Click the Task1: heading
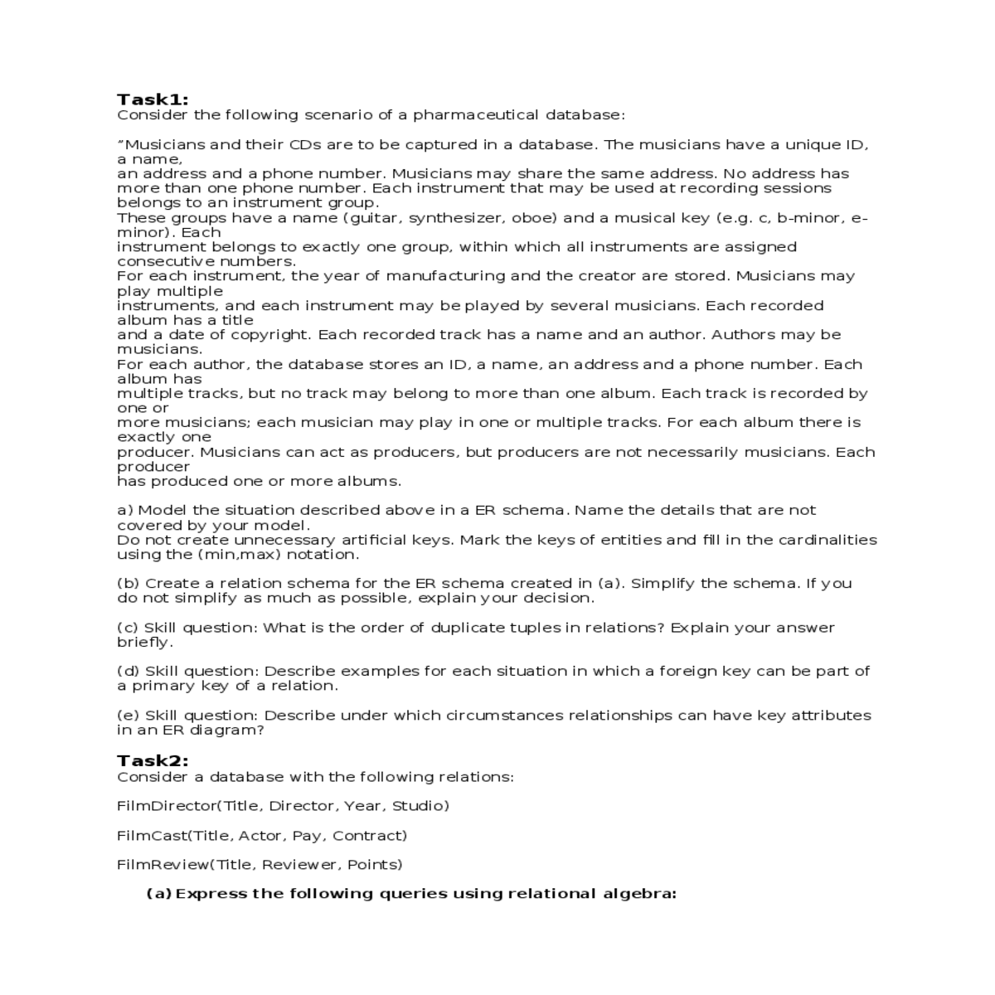tap(153, 99)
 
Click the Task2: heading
tap(153, 760)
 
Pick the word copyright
tap(269, 335)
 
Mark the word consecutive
tap(162, 261)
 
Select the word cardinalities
tap(824, 540)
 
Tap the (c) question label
tap(128, 628)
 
